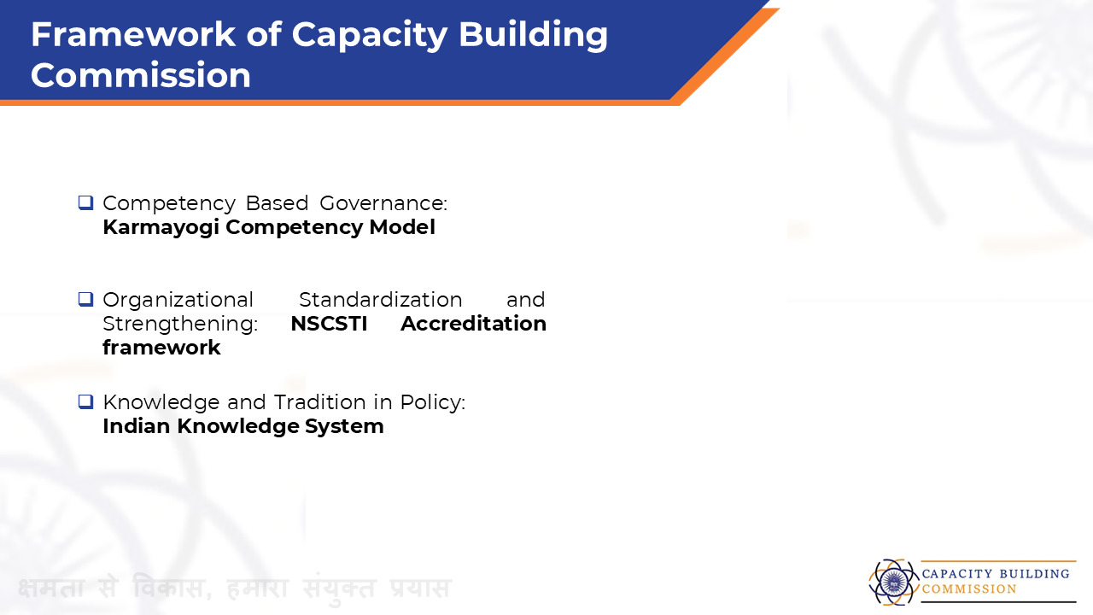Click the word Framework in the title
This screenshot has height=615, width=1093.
tap(133, 34)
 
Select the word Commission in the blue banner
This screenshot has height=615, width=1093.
tap(141, 76)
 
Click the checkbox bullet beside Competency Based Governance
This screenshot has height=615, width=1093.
tap(86, 202)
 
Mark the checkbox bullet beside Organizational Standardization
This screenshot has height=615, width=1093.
tap(86, 299)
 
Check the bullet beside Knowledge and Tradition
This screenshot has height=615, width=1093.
tap(86, 401)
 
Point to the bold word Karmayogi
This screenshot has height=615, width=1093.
tap(161, 228)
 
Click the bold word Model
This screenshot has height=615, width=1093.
tap(402, 227)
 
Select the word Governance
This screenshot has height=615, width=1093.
tap(383, 203)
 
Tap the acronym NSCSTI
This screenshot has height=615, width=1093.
tap(329, 324)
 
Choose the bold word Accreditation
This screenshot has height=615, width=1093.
tap(473, 324)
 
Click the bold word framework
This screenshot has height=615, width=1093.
tap(161, 348)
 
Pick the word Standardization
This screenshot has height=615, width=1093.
tap(381, 300)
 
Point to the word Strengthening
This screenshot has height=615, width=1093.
tap(180, 325)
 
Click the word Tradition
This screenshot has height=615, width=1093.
tap(319, 402)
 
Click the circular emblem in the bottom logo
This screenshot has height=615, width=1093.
tap(893, 582)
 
